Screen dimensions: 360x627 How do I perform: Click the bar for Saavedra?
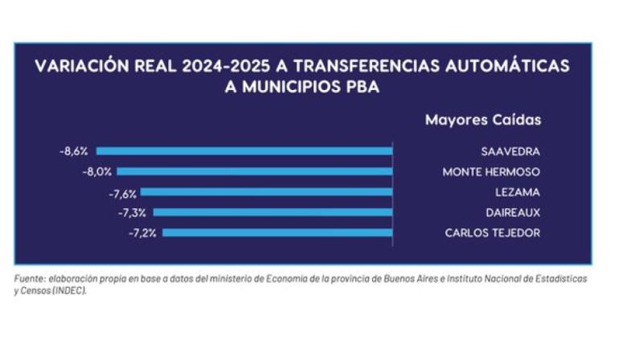point(244,151)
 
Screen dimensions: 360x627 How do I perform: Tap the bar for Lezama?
point(266,192)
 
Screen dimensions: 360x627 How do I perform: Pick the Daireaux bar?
point(273,212)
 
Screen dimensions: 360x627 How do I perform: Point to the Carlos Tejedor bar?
point(277,233)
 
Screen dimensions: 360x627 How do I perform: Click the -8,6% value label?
point(73,151)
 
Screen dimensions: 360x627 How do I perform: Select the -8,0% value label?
point(97,171)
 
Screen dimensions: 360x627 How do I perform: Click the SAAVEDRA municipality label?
point(510,151)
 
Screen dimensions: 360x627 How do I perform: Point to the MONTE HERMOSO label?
point(491,171)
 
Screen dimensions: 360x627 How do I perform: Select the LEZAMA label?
point(518,192)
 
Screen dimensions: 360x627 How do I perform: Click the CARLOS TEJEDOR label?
point(493,233)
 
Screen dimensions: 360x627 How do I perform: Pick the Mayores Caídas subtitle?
point(483,120)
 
